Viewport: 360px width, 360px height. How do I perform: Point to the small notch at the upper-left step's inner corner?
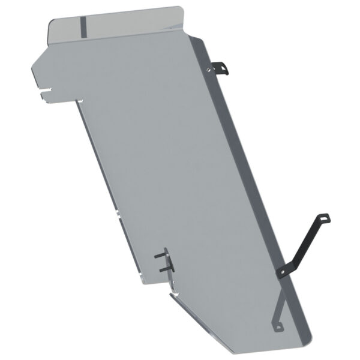(x=79, y=102)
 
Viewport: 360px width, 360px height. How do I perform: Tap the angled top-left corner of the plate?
(x=35, y=67)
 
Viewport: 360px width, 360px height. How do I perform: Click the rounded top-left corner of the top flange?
(x=50, y=20)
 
